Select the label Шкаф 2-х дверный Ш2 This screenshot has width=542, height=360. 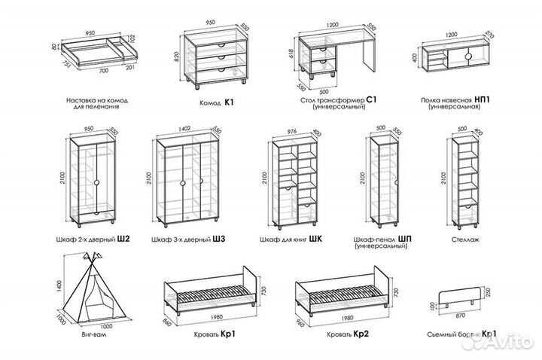click(x=98, y=239)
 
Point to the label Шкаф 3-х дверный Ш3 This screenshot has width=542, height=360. click(x=188, y=239)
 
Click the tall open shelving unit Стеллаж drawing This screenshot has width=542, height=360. click(x=467, y=181)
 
